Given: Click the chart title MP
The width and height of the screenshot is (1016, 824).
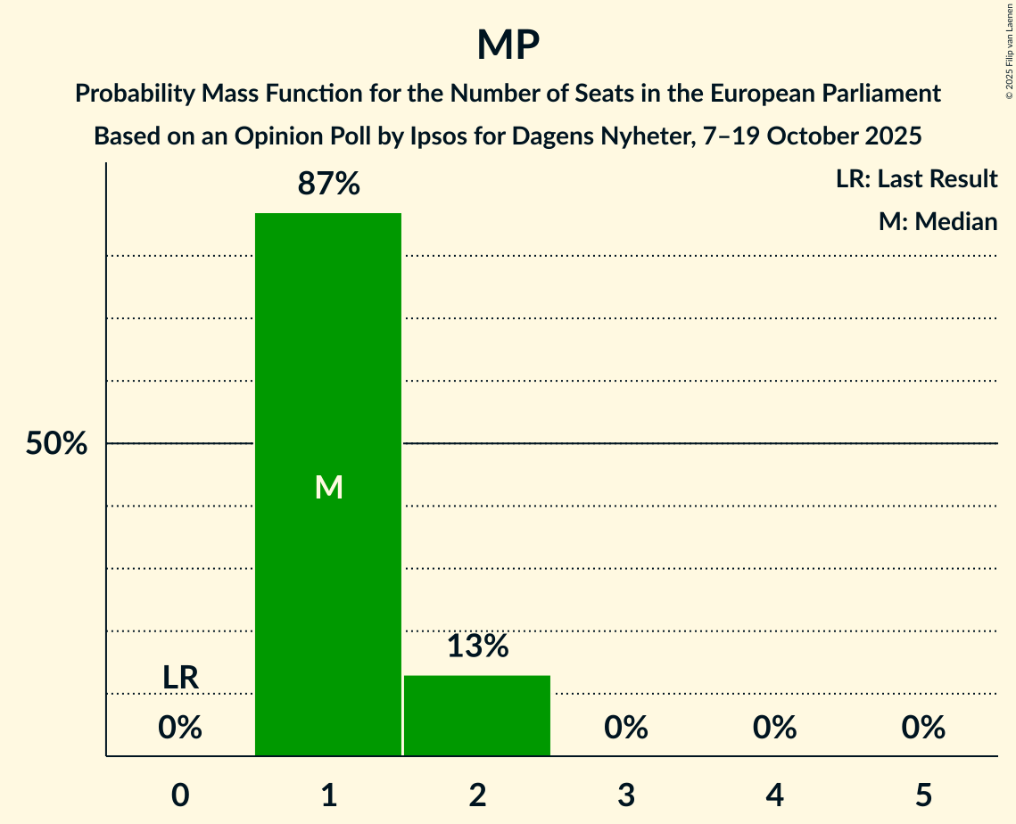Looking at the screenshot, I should click(508, 45).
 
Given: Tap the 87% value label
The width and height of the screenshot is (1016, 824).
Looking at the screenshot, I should click(328, 184).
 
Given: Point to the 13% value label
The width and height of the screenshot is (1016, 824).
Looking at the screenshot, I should click(477, 647).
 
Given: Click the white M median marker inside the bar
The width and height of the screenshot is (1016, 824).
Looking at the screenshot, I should click(328, 487).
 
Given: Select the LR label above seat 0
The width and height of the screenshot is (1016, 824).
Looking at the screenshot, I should click(180, 678).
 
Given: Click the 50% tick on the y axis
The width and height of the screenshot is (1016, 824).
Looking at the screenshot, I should click(56, 444).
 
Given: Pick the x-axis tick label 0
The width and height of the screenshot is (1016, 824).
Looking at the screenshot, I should click(180, 795).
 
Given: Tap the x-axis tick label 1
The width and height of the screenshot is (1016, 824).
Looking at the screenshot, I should click(328, 795).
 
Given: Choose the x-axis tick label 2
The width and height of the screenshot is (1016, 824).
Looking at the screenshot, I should click(477, 795).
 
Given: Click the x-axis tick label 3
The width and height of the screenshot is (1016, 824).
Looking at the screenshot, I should click(626, 795).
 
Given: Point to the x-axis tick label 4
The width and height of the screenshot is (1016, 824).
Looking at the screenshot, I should click(774, 795).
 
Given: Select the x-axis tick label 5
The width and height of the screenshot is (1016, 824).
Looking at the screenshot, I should click(923, 795).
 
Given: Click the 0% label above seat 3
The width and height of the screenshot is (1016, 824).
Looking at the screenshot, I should click(626, 729).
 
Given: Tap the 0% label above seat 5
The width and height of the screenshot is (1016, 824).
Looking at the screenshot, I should click(923, 729).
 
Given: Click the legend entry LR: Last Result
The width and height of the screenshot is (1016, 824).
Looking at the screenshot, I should click(916, 179).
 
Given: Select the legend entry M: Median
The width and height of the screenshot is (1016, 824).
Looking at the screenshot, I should click(938, 221).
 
